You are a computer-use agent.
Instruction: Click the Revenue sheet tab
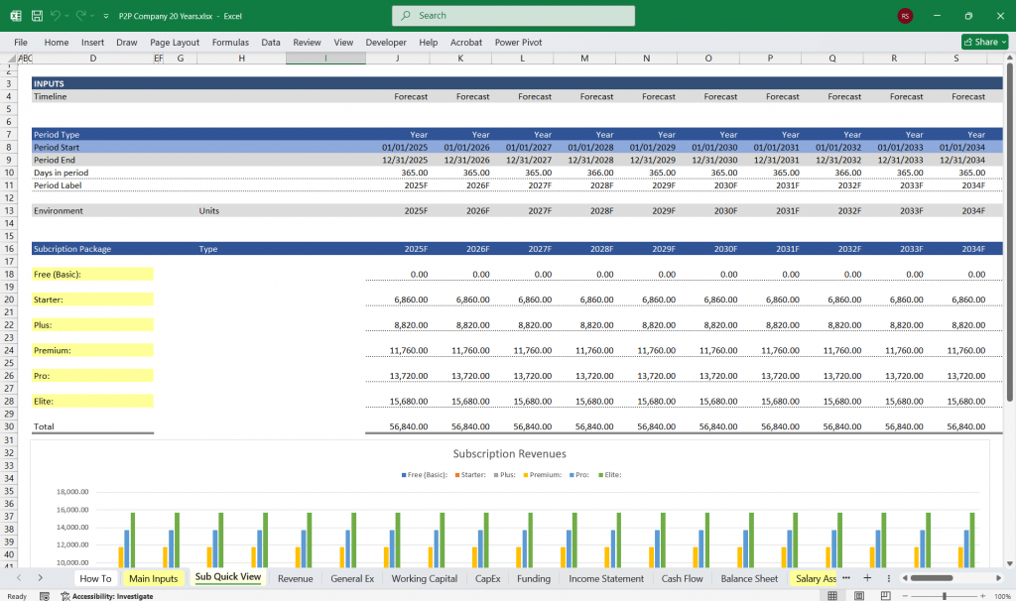[x=295, y=578]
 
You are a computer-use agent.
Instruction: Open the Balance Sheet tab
[x=749, y=578]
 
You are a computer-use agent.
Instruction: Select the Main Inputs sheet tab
[x=153, y=578]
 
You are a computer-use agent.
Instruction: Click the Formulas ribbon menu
[x=230, y=43]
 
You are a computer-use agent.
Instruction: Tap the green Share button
[x=984, y=42]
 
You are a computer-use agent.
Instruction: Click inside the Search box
[x=514, y=16]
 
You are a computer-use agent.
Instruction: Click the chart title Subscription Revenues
[x=509, y=454]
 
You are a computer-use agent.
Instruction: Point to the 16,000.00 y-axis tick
[x=68, y=511]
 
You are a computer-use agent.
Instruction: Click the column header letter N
[x=646, y=59]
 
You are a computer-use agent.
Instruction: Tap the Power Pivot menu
[x=519, y=43]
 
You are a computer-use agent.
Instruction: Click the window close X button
[x=995, y=16]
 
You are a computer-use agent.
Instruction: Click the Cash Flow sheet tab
[x=682, y=578]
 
